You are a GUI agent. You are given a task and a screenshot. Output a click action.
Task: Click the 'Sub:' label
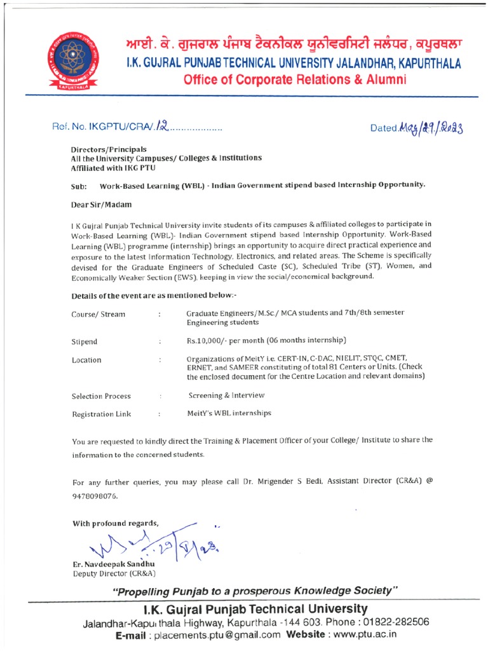pyautogui.click(x=79, y=187)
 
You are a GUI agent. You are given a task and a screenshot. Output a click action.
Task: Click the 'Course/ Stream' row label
pyautogui.click(x=98, y=315)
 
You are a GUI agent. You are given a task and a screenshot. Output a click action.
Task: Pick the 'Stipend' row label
pyautogui.click(x=85, y=341)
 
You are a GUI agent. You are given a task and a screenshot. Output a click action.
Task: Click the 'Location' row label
pyautogui.click(x=86, y=360)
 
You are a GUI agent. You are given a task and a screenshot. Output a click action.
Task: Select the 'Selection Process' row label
pyautogui.click(x=101, y=396)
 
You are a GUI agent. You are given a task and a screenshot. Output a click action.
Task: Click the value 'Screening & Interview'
pyautogui.click(x=226, y=395)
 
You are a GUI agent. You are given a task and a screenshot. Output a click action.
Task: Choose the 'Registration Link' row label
pyautogui.click(x=101, y=414)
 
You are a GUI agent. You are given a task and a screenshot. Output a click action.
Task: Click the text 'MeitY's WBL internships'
pyautogui.click(x=229, y=413)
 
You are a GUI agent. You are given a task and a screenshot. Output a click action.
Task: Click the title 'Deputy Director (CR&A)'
pyautogui.click(x=107, y=574)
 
